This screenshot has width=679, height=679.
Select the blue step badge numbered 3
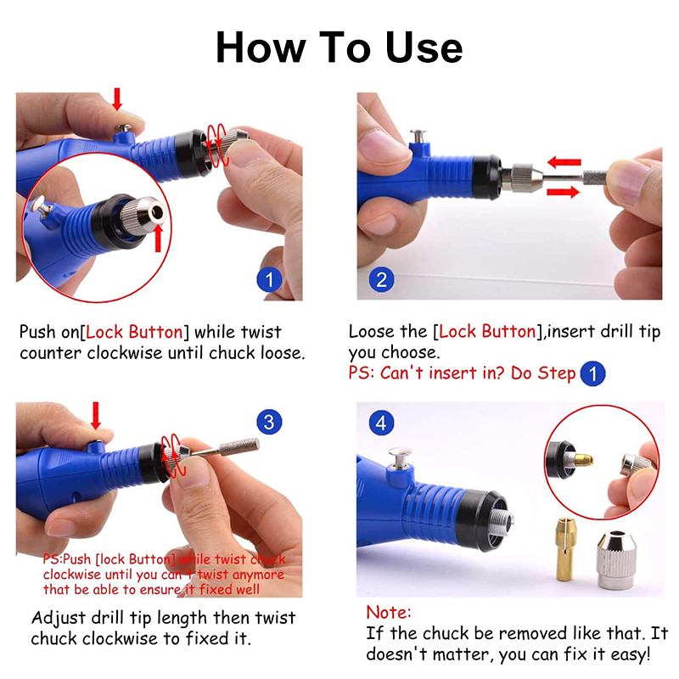[x=267, y=422]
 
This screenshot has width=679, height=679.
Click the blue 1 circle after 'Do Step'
[x=592, y=373]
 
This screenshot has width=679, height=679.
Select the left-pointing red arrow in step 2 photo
[x=563, y=161]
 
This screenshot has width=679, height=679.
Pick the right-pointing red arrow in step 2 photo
[x=563, y=192]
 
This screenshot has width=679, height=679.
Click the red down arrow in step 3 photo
[x=95, y=416]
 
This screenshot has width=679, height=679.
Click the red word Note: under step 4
[x=389, y=612]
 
